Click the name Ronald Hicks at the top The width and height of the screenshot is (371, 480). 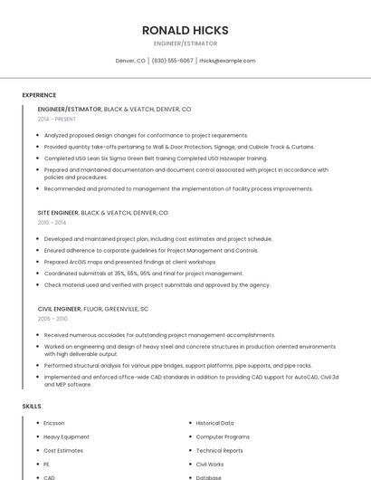(185, 30)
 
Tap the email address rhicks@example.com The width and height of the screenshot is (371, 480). (227, 61)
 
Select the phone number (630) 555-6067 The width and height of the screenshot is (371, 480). (172, 61)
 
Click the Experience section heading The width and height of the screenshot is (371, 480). (39, 95)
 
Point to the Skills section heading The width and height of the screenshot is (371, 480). (32, 407)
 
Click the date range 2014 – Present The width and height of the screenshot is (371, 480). (57, 119)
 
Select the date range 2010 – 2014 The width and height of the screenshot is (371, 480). (52, 222)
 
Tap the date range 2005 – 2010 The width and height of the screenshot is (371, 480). (52, 319)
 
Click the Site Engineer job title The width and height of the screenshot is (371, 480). (58, 212)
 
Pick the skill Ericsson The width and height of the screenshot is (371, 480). (54, 423)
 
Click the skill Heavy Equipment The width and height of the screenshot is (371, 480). (66, 437)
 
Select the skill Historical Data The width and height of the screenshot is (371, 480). (214, 423)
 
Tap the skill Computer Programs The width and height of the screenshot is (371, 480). (223, 437)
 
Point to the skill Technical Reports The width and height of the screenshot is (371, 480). (220, 450)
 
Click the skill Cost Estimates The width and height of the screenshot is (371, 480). (63, 450)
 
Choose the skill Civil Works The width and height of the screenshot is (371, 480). (210, 464)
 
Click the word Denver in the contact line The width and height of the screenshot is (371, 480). (125, 61)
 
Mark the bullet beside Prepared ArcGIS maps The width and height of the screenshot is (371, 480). (38, 262)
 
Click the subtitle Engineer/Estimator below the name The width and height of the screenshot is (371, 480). (185, 43)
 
